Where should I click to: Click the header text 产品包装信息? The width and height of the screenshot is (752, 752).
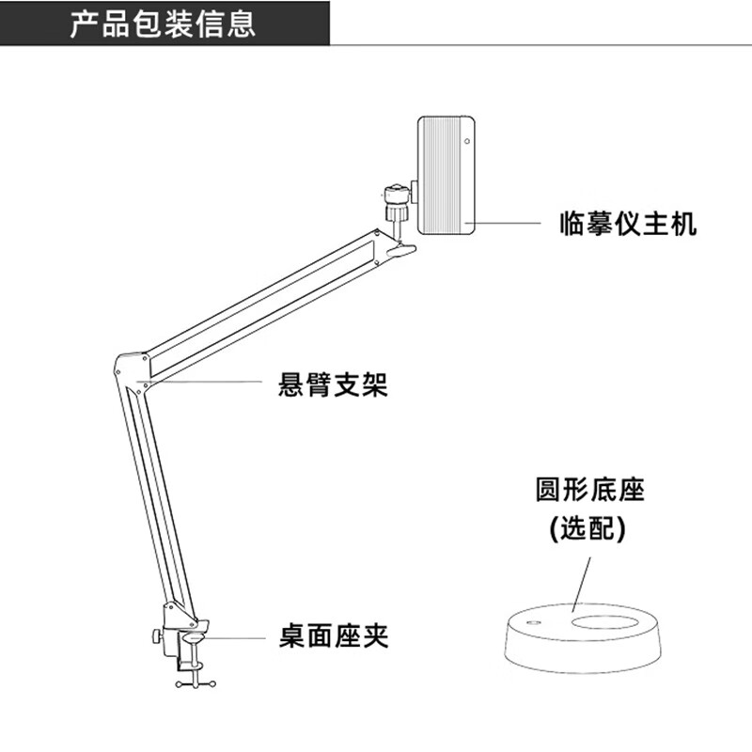[162, 23]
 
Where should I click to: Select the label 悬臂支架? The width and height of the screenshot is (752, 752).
[334, 384]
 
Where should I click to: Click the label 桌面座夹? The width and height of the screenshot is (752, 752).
[334, 636]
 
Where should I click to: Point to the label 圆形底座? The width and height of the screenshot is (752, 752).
[589, 490]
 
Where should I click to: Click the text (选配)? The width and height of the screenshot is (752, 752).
[588, 528]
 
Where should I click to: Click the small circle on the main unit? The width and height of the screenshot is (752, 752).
[467, 143]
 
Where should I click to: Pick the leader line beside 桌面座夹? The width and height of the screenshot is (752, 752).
[235, 637]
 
